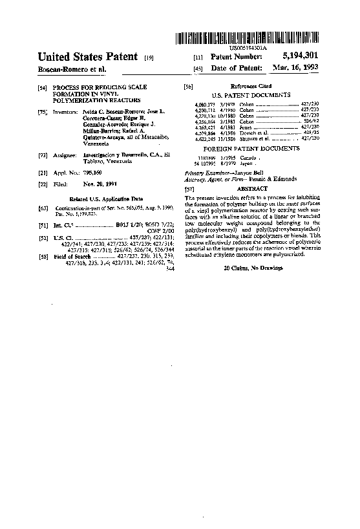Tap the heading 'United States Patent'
pyautogui.click(x=88, y=57)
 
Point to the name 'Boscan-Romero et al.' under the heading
pyautogui.click(x=71, y=69)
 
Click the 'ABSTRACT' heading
pyautogui.click(x=253, y=188)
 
